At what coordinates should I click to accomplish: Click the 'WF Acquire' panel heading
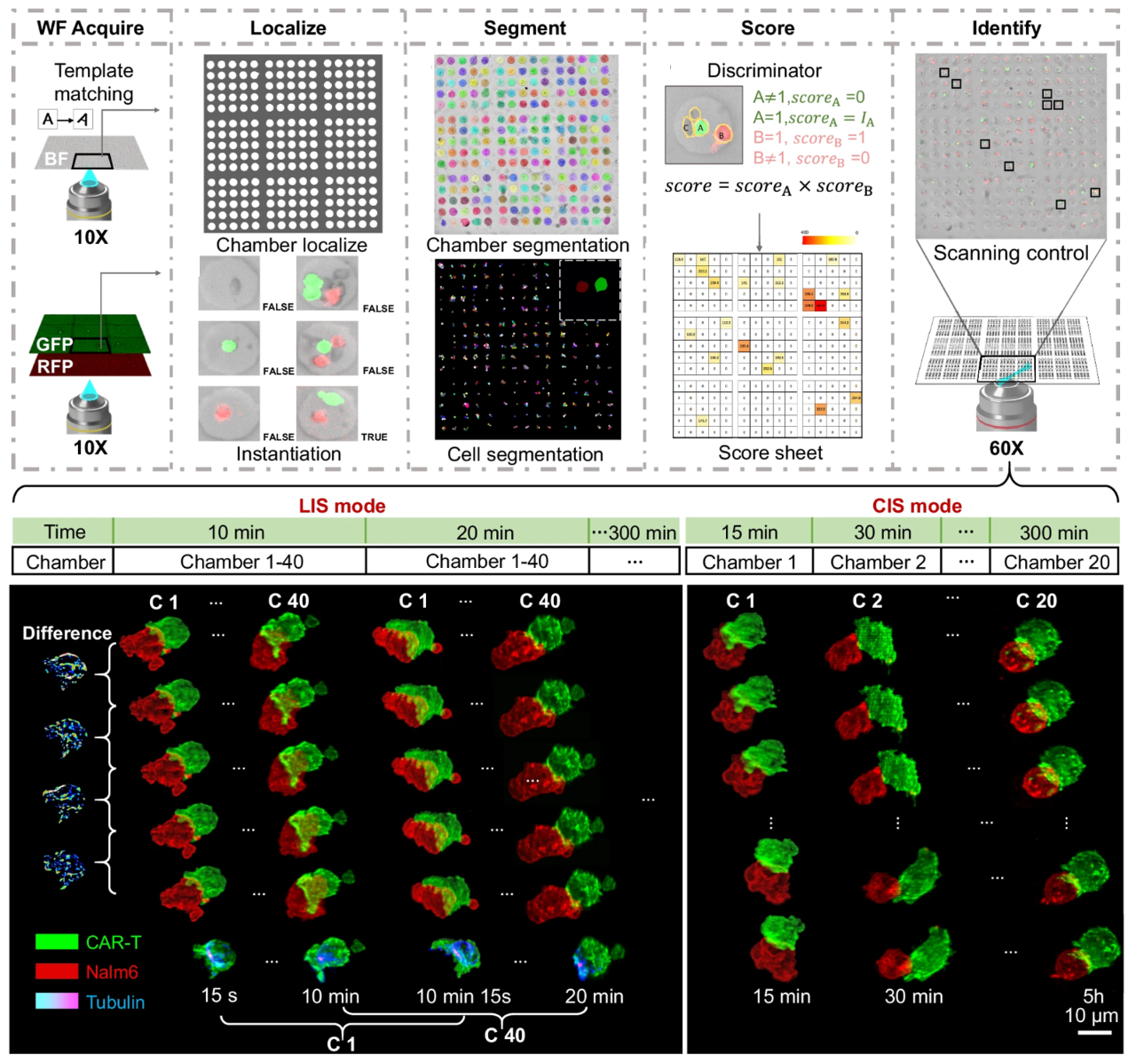(90, 28)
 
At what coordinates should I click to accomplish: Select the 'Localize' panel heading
(288, 28)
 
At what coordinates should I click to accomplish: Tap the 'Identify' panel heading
(1006, 28)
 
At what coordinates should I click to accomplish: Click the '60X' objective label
(1006, 448)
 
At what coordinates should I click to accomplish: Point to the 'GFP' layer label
(55, 344)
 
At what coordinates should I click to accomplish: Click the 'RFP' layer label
(55, 366)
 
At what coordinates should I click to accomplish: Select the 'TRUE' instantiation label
(374, 437)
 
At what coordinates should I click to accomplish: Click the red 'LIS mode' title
(342, 506)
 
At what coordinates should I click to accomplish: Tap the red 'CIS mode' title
(917, 506)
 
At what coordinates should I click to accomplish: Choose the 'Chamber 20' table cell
(1056, 562)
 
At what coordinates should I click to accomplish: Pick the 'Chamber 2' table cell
(878, 562)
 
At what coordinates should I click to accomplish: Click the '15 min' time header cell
(749, 532)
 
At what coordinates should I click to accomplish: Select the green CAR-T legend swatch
(56, 941)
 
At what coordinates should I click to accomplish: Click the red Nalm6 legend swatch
(56, 972)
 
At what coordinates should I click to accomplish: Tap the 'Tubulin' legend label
(115, 1002)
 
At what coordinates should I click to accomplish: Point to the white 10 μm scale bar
(1094, 1032)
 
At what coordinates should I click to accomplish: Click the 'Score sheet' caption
(770, 453)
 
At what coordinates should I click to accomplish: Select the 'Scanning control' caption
(1011, 253)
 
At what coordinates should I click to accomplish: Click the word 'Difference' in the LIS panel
(67, 633)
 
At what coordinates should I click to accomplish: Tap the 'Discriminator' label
(764, 70)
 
